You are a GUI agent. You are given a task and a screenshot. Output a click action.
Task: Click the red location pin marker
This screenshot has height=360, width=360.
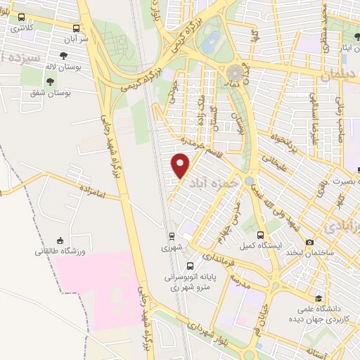pyautogui.click(x=181, y=165)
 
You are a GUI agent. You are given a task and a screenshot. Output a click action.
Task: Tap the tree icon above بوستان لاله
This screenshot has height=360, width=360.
pyautogui.click(x=64, y=55)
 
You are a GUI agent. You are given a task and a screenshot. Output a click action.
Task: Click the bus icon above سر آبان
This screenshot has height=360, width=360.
pyautogui.click(x=77, y=27)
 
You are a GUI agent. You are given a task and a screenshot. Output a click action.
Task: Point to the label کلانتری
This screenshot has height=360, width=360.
pyautogui.click(x=21, y=27)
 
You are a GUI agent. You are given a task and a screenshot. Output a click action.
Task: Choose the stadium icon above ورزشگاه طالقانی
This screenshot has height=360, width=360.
pyautogui.click(x=60, y=239)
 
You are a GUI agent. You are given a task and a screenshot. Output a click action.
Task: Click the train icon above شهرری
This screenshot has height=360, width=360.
pyautogui.click(x=171, y=236)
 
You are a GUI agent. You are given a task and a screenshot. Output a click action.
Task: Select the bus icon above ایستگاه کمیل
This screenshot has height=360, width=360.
pyautogui.click(x=261, y=235)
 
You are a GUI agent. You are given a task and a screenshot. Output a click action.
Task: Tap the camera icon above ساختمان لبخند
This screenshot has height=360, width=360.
pyautogui.click(x=310, y=242)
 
